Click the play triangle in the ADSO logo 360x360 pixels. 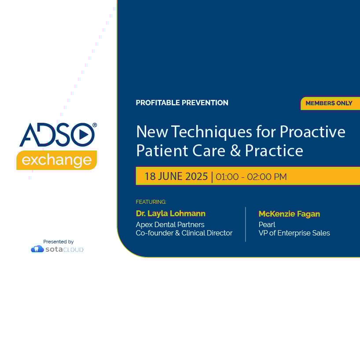[x=84, y=135]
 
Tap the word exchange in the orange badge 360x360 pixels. [x=57, y=160]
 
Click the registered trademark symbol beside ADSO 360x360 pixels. [x=95, y=125]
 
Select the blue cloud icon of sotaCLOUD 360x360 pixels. [x=37, y=249]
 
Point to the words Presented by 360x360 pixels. [x=59, y=242]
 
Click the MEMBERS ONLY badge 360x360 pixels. [x=330, y=103]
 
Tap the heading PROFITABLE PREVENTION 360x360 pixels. [x=182, y=103]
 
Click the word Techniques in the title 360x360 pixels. [x=211, y=132]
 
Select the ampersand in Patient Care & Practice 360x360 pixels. [x=235, y=151]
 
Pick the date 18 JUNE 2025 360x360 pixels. [x=176, y=176]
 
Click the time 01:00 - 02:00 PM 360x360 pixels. [x=251, y=177]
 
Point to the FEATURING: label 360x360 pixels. [x=151, y=202]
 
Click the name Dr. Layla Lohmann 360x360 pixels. [x=171, y=213]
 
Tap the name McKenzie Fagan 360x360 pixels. [x=289, y=214]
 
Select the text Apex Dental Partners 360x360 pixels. [x=170, y=224]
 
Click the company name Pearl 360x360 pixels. [x=267, y=224]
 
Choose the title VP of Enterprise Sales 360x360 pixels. [x=294, y=233]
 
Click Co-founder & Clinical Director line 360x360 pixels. [x=184, y=233]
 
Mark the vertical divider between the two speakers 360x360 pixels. [x=246, y=224]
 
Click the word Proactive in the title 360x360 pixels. [x=312, y=132]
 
